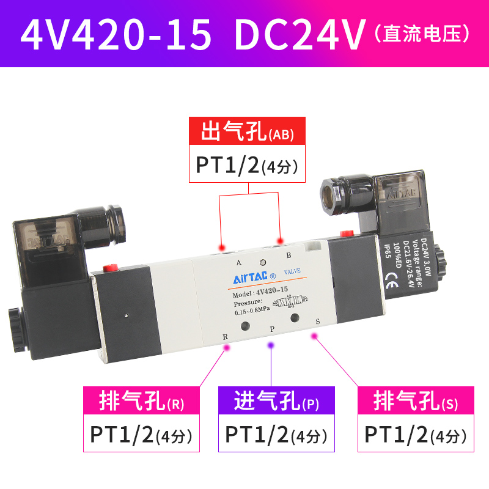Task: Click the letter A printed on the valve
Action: pyautogui.click(x=238, y=263)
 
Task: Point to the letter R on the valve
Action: pyautogui.click(x=225, y=337)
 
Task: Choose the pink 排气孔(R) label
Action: pyautogui.click(x=141, y=402)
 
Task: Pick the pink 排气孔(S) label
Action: pyautogui.click(x=416, y=402)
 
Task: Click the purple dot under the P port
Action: pyautogui.click(x=271, y=345)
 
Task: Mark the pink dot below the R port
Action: pyautogui.click(x=227, y=348)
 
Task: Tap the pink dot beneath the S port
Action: pyautogui.click(x=315, y=336)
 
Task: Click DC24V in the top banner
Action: pyautogui.click(x=300, y=35)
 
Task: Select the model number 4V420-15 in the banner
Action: pyautogui.click(x=116, y=35)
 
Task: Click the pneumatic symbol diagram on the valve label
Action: pyautogui.click(x=292, y=302)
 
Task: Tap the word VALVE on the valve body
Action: pyautogui.click(x=292, y=270)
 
